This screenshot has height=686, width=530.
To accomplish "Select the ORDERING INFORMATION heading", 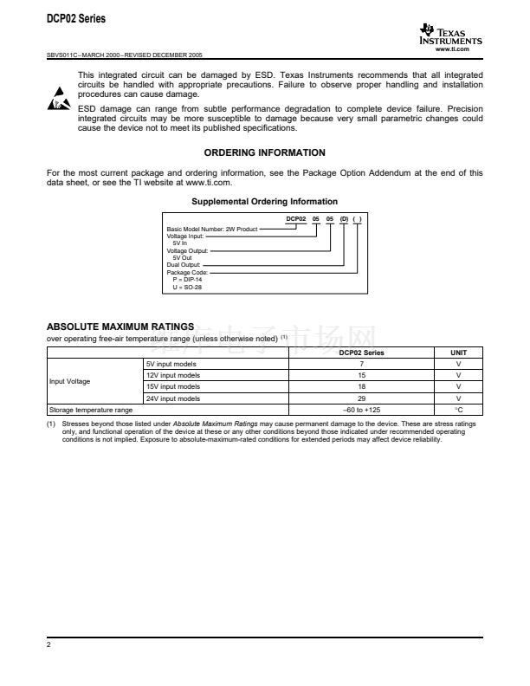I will [264, 152].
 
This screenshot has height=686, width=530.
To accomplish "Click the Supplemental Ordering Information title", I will [264, 202].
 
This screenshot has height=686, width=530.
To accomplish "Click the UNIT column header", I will [458, 353].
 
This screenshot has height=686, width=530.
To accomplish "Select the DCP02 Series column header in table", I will [361, 353].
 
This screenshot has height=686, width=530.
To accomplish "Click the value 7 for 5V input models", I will [361, 364].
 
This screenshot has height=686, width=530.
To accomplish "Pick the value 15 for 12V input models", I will [361, 375].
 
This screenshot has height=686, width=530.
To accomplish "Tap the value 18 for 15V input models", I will [361, 386].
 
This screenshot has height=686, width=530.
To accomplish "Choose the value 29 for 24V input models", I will [361, 398].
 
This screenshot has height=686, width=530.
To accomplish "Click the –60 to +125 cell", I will [361, 409].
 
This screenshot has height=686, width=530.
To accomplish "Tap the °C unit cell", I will [458, 409].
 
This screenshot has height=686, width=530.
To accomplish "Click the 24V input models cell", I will [173, 398].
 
